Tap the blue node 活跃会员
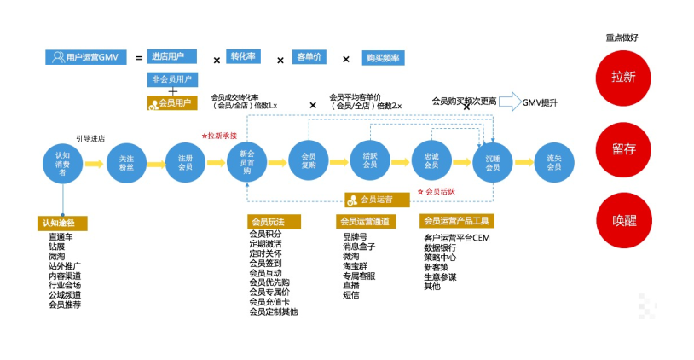[370, 160]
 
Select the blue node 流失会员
[553, 160]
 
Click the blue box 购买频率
[383, 58]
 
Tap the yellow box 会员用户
[171, 103]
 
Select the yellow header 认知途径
[63, 223]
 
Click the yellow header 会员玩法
[274, 222]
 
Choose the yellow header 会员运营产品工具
[457, 222]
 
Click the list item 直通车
[61, 237]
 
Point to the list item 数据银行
[440, 248]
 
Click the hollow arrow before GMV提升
[509, 102]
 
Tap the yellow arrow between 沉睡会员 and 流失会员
[523, 161]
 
